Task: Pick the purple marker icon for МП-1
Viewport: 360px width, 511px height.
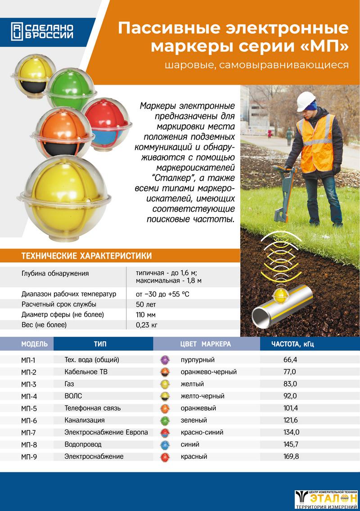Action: (x=165, y=360)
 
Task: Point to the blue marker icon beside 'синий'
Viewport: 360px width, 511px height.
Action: (x=165, y=444)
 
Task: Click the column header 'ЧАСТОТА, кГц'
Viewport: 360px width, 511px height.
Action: (x=292, y=344)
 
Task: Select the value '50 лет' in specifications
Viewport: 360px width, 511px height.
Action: (x=143, y=304)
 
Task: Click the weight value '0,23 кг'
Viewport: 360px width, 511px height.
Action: (x=146, y=325)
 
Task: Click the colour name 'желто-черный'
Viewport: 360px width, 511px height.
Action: (x=202, y=396)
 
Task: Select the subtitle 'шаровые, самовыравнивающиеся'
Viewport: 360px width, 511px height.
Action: (x=257, y=65)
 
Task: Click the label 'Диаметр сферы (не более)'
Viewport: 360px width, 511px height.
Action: (x=63, y=314)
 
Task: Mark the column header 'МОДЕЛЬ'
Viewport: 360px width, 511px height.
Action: (x=34, y=344)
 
